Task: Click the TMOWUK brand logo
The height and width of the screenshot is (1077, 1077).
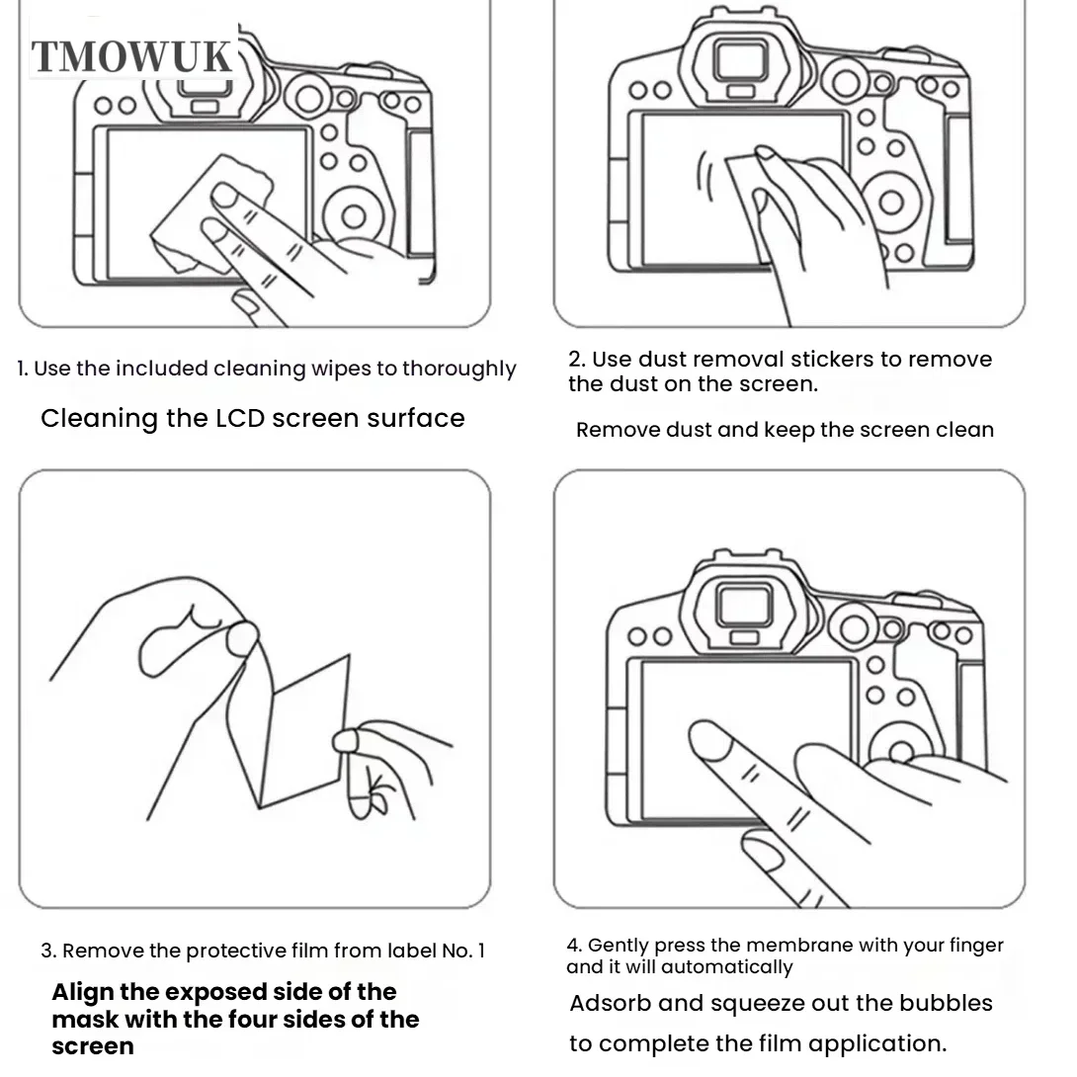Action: click(131, 56)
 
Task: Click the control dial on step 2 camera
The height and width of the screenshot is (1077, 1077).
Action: click(891, 203)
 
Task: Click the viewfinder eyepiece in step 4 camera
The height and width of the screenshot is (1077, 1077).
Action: click(744, 605)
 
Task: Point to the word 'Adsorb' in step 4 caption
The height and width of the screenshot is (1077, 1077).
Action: click(610, 1003)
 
